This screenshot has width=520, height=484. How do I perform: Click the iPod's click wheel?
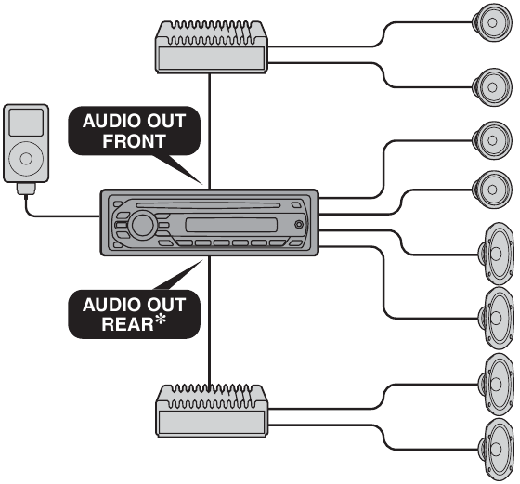click(26, 158)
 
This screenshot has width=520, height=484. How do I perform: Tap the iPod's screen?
click(26, 123)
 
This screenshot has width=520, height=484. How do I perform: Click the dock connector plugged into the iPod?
click(26, 189)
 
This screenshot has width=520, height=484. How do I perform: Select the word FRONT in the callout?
click(134, 141)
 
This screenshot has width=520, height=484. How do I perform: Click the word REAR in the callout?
click(128, 324)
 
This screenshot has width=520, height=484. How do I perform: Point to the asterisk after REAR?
click(161, 320)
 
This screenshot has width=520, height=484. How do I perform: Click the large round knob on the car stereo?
click(143, 225)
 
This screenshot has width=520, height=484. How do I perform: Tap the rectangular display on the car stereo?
click(231, 225)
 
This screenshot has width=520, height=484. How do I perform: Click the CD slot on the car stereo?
click(208, 205)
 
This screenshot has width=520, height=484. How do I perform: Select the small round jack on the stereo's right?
click(299, 225)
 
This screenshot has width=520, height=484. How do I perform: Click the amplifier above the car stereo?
click(212, 46)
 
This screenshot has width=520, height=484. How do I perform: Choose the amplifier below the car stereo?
click(212, 411)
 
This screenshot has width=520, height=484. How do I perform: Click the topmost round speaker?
click(491, 22)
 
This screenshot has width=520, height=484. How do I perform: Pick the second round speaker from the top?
click(491, 87)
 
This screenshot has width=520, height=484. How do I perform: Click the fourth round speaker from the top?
click(491, 190)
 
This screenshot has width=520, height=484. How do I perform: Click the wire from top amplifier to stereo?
click(209, 131)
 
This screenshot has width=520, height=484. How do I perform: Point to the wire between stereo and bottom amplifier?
click(209, 321)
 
